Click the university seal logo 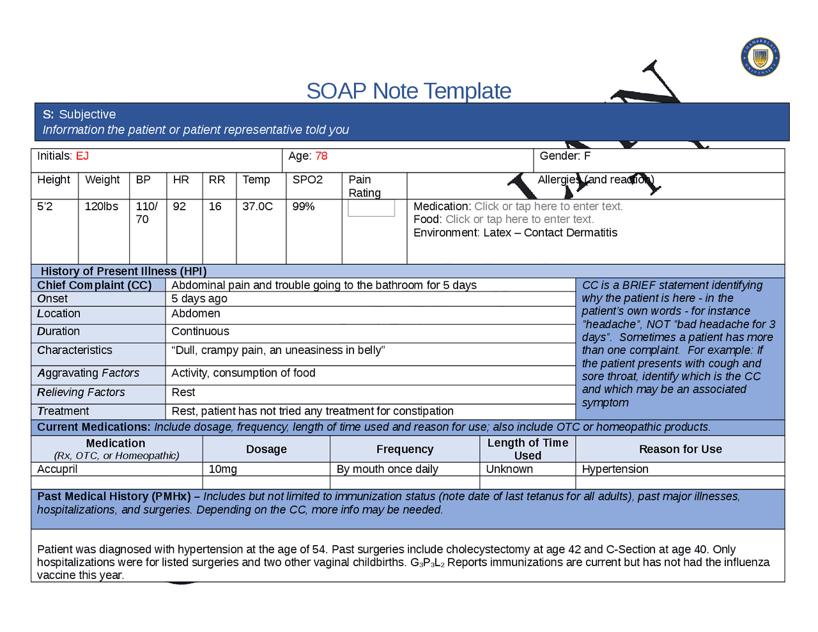point(760,57)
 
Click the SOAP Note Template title point(408,91)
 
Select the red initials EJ point(82,156)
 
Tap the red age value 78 point(321,156)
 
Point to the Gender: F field point(565,156)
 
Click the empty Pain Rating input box point(371,208)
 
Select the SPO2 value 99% point(304,206)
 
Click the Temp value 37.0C point(258,206)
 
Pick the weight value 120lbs point(102,206)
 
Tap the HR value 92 point(180,206)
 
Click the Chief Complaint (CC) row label point(95,285)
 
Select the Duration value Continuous point(200,331)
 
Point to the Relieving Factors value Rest point(183,392)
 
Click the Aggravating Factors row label point(88,373)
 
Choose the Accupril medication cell point(58,469)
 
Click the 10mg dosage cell point(223,469)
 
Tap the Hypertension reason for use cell point(615,469)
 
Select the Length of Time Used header point(528,449)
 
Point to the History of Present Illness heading point(124,271)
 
